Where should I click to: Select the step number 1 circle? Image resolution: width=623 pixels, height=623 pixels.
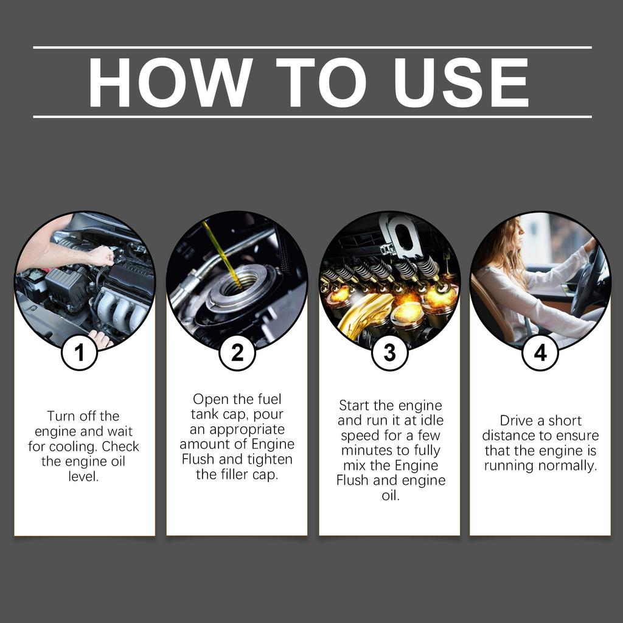pyautogui.click(x=79, y=352)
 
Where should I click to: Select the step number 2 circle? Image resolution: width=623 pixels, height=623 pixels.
pyautogui.click(x=237, y=352)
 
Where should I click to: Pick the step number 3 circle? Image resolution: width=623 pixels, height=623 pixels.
pyautogui.click(x=389, y=352)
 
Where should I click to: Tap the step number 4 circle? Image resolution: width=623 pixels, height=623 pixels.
pyautogui.click(x=540, y=352)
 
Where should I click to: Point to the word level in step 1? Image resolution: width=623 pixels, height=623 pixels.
pyautogui.click(x=83, y=476)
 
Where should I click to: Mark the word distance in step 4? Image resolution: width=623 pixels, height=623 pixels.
pyautogui.click(x=509, y=436)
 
